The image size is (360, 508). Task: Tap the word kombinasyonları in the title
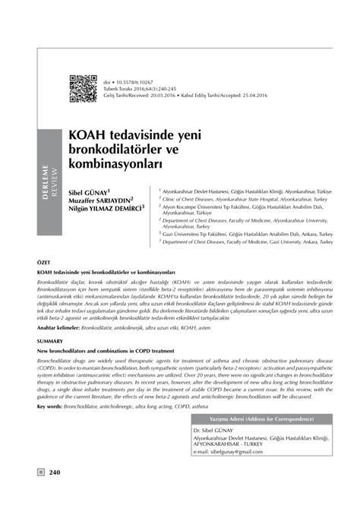132,162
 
